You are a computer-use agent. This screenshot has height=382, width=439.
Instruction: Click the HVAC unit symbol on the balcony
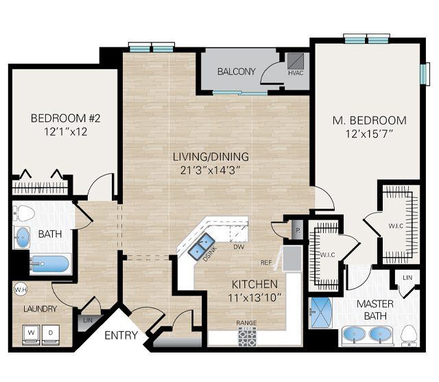[x=295, y=60]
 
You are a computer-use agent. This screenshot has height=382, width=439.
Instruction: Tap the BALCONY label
[x=236, y=71]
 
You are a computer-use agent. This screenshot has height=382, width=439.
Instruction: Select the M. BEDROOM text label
[x=369, y=121]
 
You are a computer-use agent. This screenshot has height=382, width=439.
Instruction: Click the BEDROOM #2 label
[x=61, y=118]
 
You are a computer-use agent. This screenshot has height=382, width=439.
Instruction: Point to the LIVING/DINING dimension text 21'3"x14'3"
[x=210, y=169]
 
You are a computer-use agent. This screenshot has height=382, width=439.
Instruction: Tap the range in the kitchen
[x=247, y=337]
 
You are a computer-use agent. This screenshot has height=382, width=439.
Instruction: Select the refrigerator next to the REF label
[x=292, y=260]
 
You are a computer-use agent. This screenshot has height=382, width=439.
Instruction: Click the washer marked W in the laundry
[x=30, y=334]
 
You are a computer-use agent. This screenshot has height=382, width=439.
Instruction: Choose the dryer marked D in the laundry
[x=52, y=334]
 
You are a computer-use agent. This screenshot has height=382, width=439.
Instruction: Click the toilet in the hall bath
[x=23, y=213]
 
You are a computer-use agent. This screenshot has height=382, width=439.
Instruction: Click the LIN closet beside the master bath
[x=407, y=278]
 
